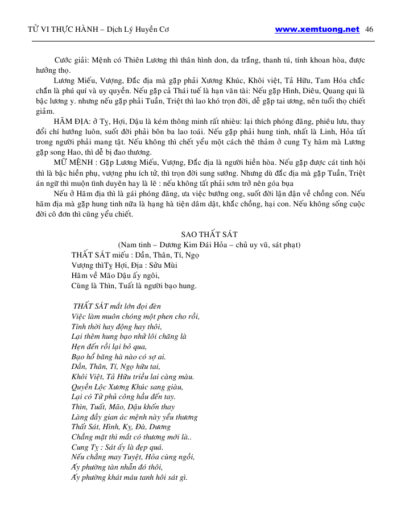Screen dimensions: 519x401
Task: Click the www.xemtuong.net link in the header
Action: point(317,30)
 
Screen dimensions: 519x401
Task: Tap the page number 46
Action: point(369,30)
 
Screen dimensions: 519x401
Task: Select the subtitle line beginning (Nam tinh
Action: point(209,244)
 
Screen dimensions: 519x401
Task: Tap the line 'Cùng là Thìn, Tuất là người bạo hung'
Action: point(134,286)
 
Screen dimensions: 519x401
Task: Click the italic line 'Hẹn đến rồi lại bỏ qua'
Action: point(109,346)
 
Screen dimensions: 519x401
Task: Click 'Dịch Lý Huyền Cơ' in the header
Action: point(142,30)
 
